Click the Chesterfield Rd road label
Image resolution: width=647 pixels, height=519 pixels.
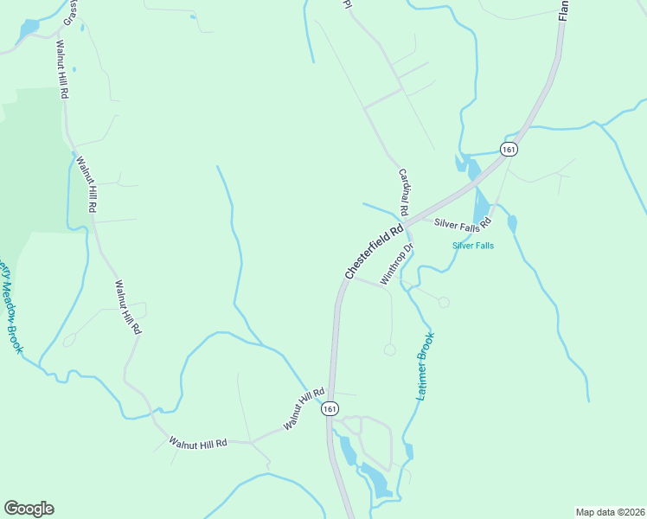[375, 252]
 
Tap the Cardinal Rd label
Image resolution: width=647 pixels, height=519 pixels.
[403, 192]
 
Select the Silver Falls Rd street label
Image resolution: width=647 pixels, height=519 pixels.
[463, 222]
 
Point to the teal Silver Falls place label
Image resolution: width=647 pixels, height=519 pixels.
[473, 246]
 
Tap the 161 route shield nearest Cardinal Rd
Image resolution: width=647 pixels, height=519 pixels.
[509, 150]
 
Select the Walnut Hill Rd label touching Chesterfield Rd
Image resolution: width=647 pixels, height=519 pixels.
[303, 410]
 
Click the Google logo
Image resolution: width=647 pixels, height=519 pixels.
[29, 509]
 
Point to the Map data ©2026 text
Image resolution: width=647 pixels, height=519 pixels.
[610, 511]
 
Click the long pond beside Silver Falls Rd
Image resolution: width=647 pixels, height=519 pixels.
[482, 205]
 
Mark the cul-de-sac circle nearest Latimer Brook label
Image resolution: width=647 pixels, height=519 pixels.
[389, 349]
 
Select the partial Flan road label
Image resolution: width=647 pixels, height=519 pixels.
[563, 10]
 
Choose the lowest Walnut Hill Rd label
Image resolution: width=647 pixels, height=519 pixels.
[197, 442]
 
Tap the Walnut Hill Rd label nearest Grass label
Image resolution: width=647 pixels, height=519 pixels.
[61, 69]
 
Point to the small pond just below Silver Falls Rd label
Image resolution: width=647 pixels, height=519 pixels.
[512, 225]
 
